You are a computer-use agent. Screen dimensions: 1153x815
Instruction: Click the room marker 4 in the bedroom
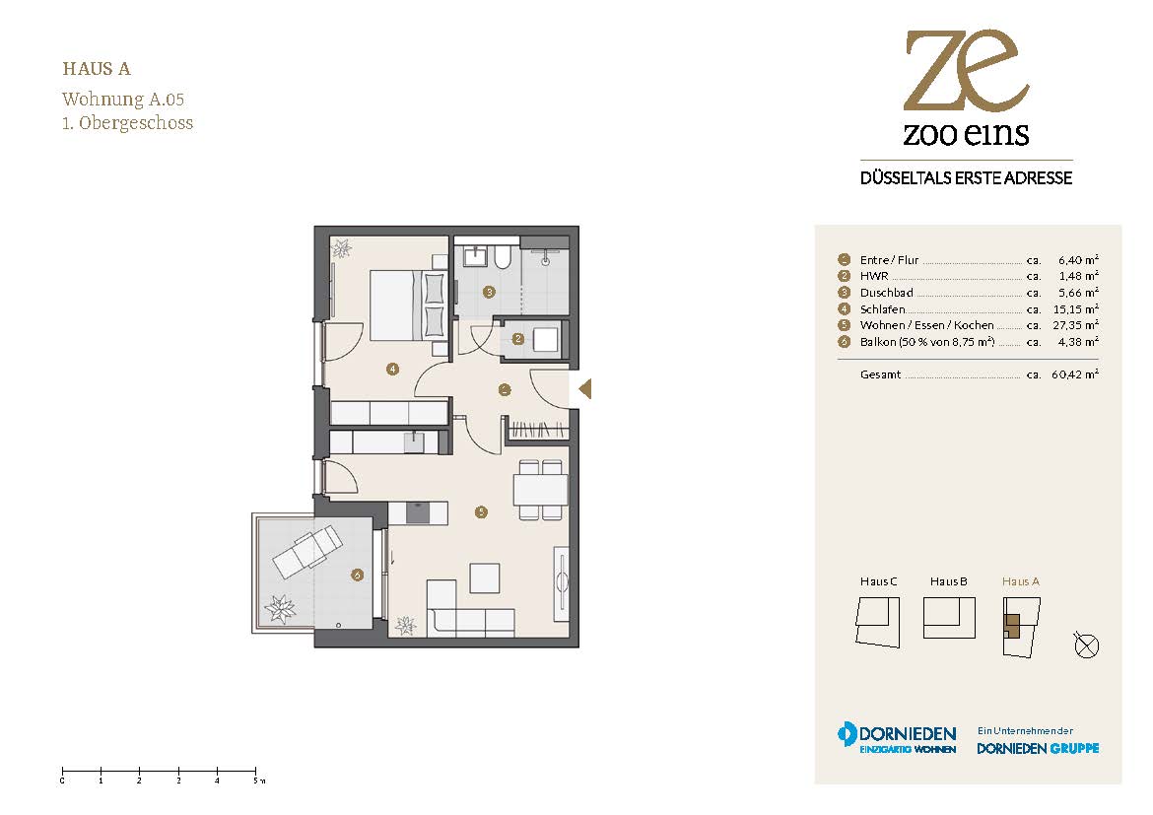pyautogui.click(x=392, y=369)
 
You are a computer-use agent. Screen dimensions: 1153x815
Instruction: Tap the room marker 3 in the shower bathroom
pyautogui.click(x=489, y=292)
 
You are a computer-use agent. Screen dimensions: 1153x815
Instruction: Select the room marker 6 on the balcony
pyautogui.click(x=358, y=575)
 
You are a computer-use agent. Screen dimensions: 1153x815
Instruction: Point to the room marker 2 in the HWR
pyautogui.click(x=518, y=339)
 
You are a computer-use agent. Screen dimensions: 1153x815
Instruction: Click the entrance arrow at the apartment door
pyautogui.click(x=585, y=388)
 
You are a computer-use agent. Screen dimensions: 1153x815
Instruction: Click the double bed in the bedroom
pyautogui.click(x=407, y=306)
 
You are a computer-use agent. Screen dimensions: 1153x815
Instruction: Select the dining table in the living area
pyautogui.click(x=540, y=489)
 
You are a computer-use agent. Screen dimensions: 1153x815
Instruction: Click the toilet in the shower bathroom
pyautogui.click(x=503, y=256)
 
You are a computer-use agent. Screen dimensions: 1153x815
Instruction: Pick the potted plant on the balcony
pyautogui.click(x=280, y=609)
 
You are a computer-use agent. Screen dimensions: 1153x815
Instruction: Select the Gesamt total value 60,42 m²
pyautogui.click(x=1075, y=374)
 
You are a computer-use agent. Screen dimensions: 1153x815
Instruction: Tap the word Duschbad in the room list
pyautogui.click(x=886, y=293)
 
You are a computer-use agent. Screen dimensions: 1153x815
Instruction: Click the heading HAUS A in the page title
pyautogui.click(x=97, y=69)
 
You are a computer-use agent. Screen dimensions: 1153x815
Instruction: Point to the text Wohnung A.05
pyautogui.click(x=123, y=100)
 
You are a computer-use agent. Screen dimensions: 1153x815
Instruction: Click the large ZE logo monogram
pyautogui.click(x=966, y=70)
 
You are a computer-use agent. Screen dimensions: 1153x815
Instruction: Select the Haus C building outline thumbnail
pyautogui.click(x=878, y=622)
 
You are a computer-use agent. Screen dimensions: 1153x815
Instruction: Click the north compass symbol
pyautogui.click(x=1086, y=645)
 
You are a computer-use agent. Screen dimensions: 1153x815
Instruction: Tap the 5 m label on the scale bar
pyautogui.click(x=258, y=781)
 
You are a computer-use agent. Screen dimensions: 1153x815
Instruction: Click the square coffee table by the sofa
pyautogui.click(x=485, y=578)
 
